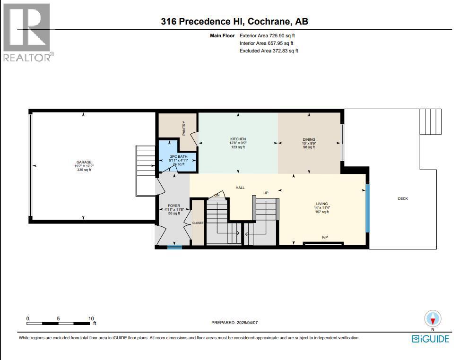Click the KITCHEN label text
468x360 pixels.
238,139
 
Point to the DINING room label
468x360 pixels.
309,139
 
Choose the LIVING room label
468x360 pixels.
322,204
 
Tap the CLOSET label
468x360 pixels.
198,223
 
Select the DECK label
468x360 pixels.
403,199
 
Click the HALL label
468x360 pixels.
240,188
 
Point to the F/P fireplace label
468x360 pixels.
325,237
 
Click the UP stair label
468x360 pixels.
266,193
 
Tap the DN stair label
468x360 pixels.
217,195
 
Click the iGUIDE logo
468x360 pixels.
430,338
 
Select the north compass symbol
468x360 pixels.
433,319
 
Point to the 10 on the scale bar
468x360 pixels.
91,318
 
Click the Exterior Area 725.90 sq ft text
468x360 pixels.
269,35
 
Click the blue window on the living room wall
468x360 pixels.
367,208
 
